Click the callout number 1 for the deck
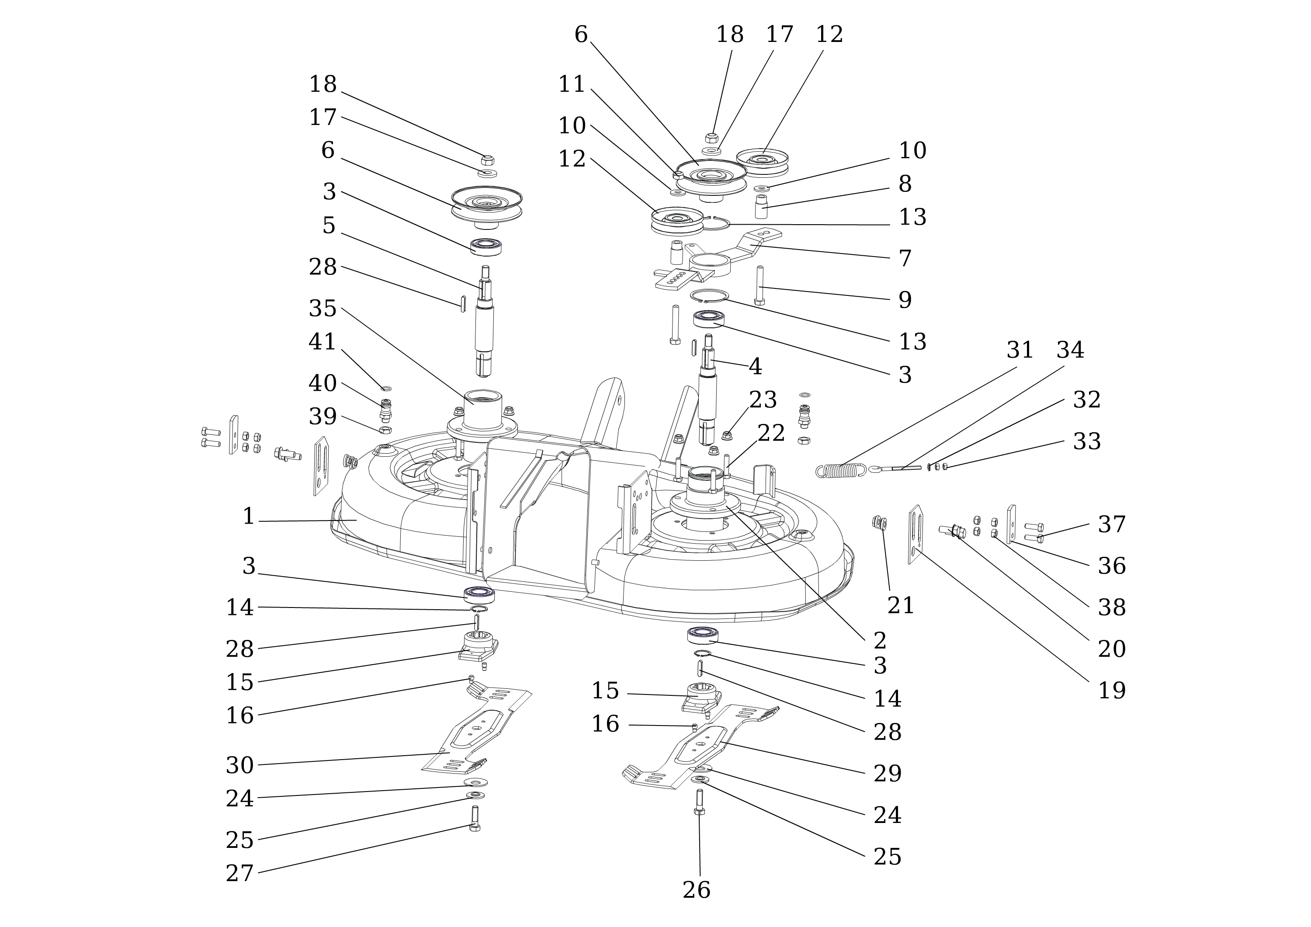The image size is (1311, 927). point(248,517)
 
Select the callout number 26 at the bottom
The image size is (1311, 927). point(696,890)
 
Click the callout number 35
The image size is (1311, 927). point(323,309)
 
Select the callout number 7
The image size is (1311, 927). point(905,258)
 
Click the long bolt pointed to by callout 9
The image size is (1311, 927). point(760,285)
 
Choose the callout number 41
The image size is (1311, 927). point(323,341)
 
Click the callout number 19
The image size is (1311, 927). point(1111,691)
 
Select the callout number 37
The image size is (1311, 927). point(1111,524)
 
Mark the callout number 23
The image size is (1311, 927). point(763,400)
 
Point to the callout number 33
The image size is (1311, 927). point(1086,441)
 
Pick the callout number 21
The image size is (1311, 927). point(901,605)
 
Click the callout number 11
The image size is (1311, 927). point(572,84)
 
